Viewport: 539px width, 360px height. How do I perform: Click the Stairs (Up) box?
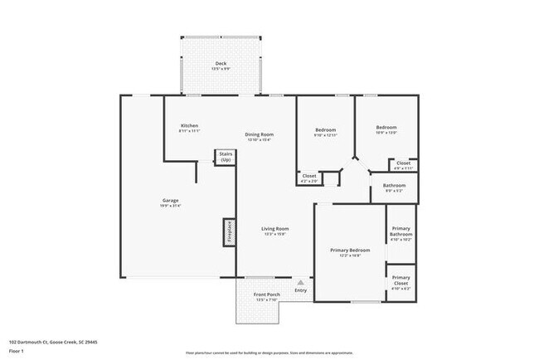tap(225, 157)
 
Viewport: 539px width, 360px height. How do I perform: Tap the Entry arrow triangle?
tap(300, 282)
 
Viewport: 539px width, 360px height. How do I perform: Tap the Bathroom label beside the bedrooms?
tap(394, 186)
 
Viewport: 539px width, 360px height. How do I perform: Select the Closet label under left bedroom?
tap(308, 176)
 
